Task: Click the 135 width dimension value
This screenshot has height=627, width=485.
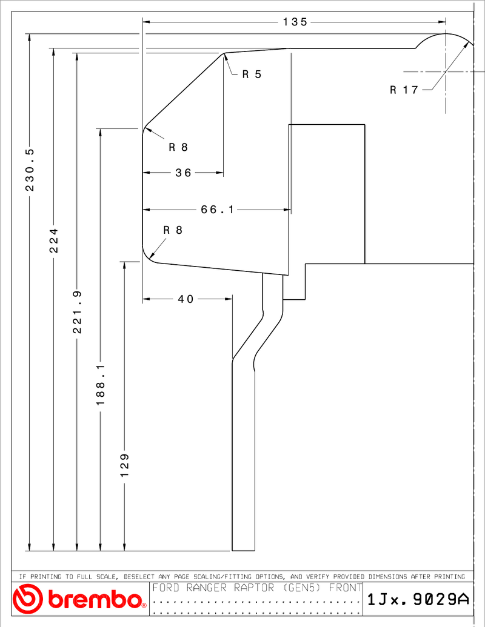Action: pos(295,22)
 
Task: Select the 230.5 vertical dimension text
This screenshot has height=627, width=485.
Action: pos(30,170)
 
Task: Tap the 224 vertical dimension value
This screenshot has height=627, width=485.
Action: pos(53,241)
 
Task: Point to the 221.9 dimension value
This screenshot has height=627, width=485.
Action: pos(77,312)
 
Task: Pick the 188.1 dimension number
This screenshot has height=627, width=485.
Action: pos(101,384)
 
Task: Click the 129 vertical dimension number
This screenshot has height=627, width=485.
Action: pos(124,465)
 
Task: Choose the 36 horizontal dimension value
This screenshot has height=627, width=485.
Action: pos(183,173)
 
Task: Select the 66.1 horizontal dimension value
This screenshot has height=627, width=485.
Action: pos(217,210)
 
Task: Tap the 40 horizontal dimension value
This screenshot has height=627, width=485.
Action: pos(186,299)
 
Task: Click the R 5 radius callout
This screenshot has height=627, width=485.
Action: pos(252,75)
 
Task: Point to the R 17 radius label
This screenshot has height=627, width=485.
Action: pos(404,90)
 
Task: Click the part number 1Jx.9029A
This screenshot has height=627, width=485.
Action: pos(418,599)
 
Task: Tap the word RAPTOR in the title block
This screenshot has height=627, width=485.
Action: pos(253,588)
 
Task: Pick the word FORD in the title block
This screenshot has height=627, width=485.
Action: pos(166,588)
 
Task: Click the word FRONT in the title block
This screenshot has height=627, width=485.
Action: pos(346,588)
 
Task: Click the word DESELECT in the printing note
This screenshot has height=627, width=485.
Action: pos(139,577)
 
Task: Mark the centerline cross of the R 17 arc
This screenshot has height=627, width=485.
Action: pos(446,72)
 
